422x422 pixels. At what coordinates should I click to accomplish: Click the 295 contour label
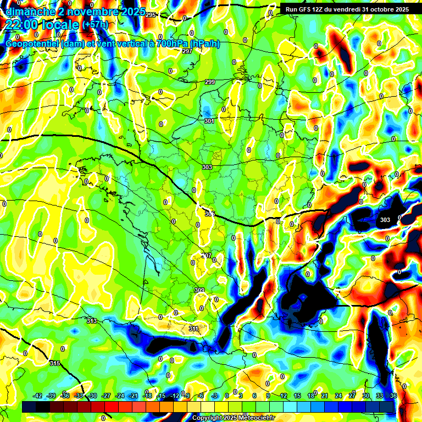[151, 15]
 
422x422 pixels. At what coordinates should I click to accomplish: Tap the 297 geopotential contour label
[187, 51]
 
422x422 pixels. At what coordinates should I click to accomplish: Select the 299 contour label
[210, 82]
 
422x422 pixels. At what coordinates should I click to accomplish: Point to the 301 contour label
[209, 121]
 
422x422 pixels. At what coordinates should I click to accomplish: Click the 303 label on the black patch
[385, 220]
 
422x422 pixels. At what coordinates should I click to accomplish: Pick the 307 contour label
[207, 256]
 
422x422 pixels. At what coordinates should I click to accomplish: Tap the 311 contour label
[193, 329]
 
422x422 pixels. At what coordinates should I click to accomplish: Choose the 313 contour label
[91, 321]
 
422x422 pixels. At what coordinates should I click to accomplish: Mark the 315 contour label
[54, 363]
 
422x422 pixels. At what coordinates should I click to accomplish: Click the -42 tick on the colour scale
[37, 396]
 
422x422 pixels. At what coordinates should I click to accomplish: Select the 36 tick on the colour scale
[393, 396]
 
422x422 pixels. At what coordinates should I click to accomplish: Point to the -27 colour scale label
[106, 396]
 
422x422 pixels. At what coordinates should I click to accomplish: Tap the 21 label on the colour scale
[324, 396]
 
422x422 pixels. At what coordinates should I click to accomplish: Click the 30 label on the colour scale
[366, 396]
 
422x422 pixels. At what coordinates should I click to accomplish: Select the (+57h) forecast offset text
[96, 25]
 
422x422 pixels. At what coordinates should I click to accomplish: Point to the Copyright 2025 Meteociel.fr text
[233, 418]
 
